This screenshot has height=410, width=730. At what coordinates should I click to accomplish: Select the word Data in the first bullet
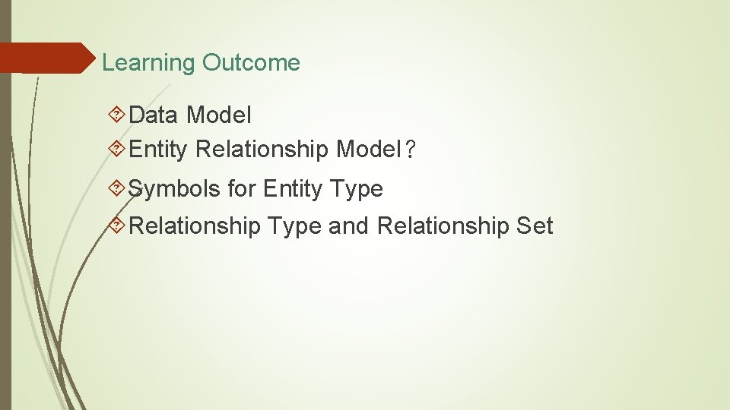pyautogui.click(x=154, y=115)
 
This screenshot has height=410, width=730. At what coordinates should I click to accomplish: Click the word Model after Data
pyautogui.click(x=218, y=115)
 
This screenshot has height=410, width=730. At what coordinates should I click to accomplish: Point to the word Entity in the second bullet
pyautogui.click(x=157, y=150)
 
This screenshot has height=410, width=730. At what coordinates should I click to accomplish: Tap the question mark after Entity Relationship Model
pyautogui.click(x=411, y=150)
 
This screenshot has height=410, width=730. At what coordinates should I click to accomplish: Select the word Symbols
pyautogui.click(x=174, y=188)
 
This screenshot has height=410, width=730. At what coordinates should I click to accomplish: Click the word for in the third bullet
pyautogui.click(x=242, y=188)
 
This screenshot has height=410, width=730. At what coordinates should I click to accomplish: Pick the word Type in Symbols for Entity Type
pyautogui.click(x=357, y=188)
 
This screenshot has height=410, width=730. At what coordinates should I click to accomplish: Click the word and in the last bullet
pyautogui.click(x=349, y=225)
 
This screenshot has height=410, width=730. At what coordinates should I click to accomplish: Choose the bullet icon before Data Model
pyautogui.click(x=117, y=115)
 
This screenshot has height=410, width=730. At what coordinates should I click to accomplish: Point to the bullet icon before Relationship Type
pyautogui.click(x=117, y=225)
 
